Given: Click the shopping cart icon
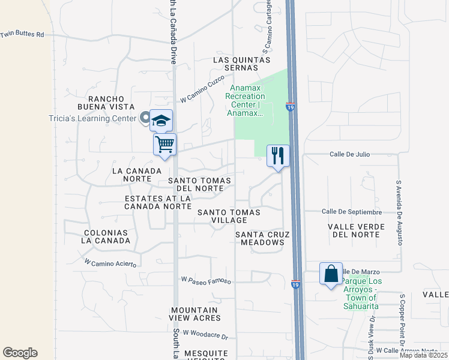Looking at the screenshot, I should point(164,144).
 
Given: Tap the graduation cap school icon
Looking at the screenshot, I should point(161,121).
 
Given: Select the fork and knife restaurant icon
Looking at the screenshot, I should point(278,156).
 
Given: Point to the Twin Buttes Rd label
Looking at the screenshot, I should point(23,34).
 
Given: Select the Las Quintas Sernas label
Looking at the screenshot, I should point(243,64).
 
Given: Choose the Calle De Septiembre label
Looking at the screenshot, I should point(352,212).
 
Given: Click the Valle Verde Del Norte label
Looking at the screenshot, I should point(354,230).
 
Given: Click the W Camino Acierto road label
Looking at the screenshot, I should point(110,263).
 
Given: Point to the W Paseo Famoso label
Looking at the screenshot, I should point(206,280).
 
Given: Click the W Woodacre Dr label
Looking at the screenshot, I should point(206,334).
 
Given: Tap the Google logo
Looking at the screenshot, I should point(20,353).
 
